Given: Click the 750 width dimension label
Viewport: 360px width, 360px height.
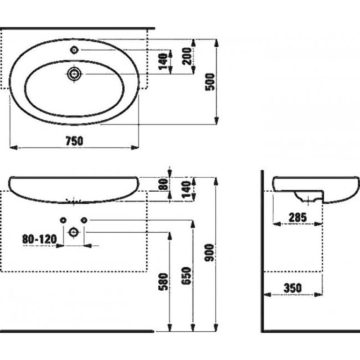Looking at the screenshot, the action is [74, 141].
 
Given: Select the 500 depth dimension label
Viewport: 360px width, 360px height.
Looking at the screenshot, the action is [210, 82].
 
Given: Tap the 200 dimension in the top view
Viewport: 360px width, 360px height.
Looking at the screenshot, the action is [187, 56].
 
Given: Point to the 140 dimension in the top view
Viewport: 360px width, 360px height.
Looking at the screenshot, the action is [163, 61].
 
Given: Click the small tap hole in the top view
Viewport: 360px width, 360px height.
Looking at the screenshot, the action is [74, 49].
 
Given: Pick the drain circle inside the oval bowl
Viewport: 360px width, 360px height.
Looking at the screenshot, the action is [74, 74].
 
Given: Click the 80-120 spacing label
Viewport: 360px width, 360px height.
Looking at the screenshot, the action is [40, 239].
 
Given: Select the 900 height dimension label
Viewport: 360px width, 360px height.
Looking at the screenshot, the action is [209, 252].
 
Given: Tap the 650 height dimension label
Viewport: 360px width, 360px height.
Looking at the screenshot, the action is [186, 276].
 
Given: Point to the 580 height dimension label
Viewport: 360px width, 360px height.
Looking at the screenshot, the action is [163, 282].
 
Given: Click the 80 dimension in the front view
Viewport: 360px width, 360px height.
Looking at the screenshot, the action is [163, 184].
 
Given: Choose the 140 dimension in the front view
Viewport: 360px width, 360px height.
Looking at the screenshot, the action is [186, 189].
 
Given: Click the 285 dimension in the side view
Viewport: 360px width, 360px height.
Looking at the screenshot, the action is [297, 217].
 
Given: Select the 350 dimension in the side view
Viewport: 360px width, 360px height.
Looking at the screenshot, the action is [292, 288].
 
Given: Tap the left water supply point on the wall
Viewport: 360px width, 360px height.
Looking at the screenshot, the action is [63, 220].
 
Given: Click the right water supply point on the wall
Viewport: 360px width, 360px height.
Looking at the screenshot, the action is [84, 220].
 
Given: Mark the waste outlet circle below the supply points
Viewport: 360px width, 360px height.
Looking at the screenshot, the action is [74, 232].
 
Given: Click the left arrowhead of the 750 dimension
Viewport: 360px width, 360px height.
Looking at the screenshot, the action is [14, 148].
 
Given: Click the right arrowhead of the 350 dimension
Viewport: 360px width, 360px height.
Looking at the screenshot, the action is [318, 294].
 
